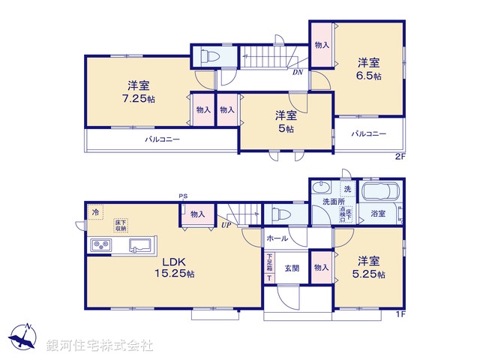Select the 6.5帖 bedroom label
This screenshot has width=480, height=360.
point(368,70)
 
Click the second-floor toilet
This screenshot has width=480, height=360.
point(207,56)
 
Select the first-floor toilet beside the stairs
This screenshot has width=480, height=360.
point(279,214)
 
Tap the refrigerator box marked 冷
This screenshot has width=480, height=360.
point(95,213)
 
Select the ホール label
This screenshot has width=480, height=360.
point(277,238)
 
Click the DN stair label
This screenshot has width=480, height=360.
point(297,73)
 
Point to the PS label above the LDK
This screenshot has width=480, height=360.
point(183,197)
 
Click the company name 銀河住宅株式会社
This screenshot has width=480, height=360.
point(100,346)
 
